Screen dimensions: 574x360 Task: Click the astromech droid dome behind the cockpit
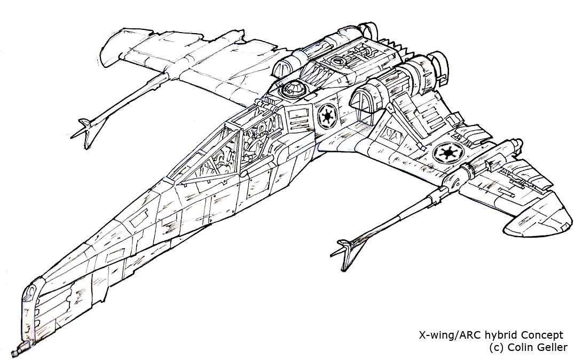(292, 89)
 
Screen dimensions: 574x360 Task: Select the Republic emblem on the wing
(448, 152)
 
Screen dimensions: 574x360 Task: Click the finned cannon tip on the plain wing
(85, 132)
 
